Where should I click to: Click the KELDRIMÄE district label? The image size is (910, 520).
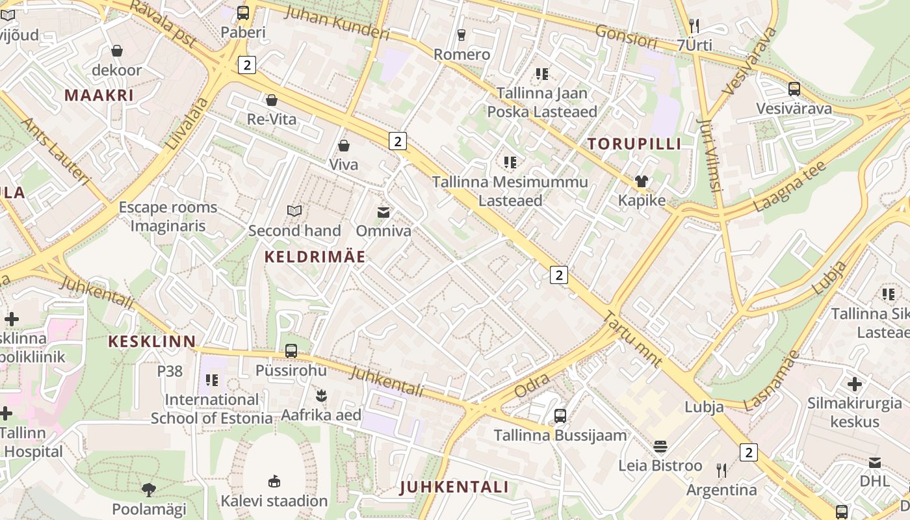click(x=315, y=257)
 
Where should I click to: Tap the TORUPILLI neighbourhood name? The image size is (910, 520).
click(x=634, y=144)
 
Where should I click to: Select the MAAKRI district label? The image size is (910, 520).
click(x=99, y=96)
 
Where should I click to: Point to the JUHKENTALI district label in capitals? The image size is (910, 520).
click(x=454, y=487)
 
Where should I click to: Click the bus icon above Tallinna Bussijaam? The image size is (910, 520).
click(x=560, y=415)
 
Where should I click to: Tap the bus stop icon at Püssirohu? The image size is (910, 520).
click(x=291, y=351)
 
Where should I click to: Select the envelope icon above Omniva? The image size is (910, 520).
click(x=383, y=212)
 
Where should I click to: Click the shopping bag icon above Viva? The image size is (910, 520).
click(x=344, y=146)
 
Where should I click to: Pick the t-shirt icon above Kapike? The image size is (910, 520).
click(x=642, y=181)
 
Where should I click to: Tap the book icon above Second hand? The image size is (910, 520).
click(x=294, y=211)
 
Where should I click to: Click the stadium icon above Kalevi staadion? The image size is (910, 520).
click(x=274, y=481)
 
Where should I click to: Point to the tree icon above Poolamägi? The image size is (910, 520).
click(x=149, y=489)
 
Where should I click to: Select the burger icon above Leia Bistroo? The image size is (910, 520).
click(x=660, y=447)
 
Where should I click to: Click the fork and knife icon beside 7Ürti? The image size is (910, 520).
click(x=694, y=26)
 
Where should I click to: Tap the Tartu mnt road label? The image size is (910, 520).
click(x=633, y=339)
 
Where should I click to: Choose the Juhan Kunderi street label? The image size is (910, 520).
click(x=337, y=22)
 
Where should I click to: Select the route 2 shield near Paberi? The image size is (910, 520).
click(x=247, y=64)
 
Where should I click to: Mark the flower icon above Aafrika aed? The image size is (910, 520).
click(x=320, y=395)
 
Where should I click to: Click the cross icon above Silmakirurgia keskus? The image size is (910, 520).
click(x=855, y=384)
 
